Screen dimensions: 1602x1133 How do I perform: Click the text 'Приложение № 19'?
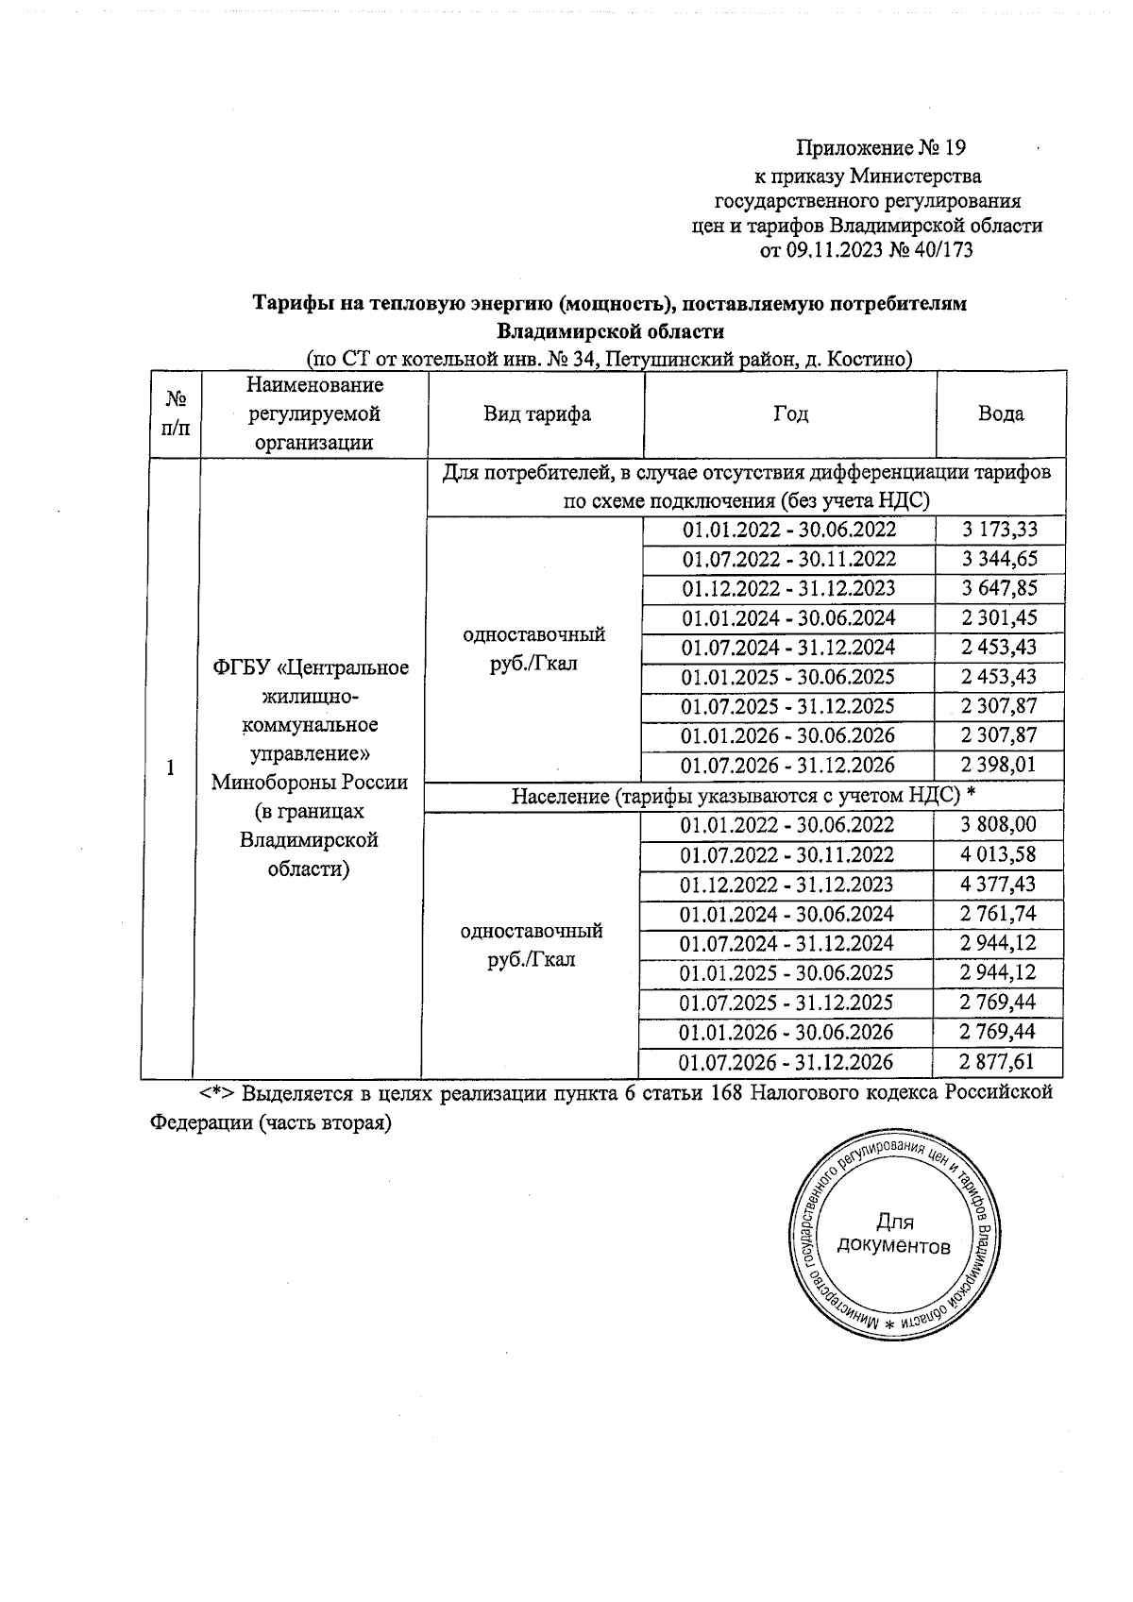(x=881, y=148)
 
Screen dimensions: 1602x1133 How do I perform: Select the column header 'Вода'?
(x=1001, y=413)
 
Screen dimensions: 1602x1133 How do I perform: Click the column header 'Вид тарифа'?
(x=537, y=413)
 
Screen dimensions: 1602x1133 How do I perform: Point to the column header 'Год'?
(x=790, y=413)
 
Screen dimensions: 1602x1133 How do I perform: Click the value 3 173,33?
(x=999, y=530)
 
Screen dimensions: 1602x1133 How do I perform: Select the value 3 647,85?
(x=999, y=588)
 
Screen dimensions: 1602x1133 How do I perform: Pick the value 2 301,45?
(x=999, y=618)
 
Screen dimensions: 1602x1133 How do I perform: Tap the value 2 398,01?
(x=999, y=766)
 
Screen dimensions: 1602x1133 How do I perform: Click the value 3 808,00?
(x=998, y=825)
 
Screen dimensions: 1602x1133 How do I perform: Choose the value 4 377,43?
(x=998, y=885)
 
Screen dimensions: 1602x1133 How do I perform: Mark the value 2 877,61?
(x=997, y=1062)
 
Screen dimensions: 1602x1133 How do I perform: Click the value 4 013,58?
(x=998, y=855)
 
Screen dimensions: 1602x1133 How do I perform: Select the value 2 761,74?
(x=998, y=914)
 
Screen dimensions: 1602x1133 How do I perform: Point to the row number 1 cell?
(x=170, y=767)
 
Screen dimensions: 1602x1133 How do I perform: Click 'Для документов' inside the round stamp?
(x=894, y=1235)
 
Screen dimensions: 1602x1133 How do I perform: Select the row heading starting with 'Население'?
(x=743, y=797)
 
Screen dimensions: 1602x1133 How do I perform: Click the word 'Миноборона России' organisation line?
(x=310, y=783)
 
